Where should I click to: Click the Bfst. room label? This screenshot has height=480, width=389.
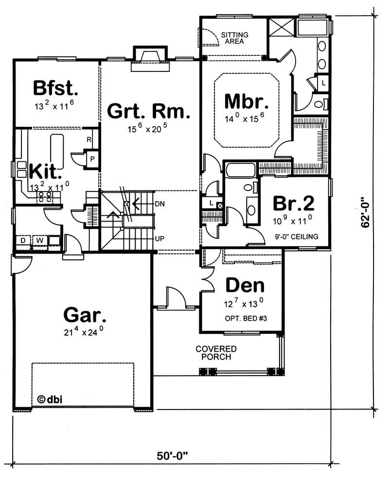coord(55,88)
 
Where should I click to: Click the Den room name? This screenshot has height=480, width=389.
coord(245,286)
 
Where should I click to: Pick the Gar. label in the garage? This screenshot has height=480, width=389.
coord(85,315)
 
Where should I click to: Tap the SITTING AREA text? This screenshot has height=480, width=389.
coord(235,38)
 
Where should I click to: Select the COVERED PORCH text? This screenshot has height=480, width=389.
coord(216,353)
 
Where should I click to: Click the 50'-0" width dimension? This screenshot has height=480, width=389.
coord(172,456)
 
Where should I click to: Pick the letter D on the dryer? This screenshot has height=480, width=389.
coord(23,240)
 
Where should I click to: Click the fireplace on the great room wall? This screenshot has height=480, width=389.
coord(149,57)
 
